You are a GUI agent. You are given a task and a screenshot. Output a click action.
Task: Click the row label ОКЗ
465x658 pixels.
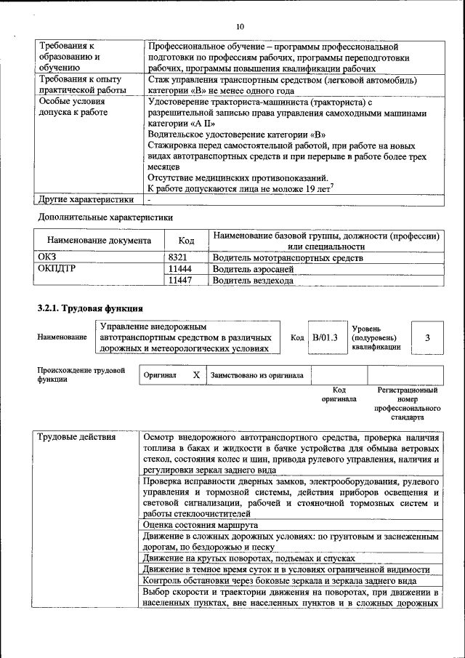click(46, 257)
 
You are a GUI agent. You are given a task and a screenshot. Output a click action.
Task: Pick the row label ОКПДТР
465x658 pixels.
click(57, 268)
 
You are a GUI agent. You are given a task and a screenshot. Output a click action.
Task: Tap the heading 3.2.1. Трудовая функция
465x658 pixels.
click(90, 308)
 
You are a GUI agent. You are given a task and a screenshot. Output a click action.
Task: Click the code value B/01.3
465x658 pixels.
click(325, 337)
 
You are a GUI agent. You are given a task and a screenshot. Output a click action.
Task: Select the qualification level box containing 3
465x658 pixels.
click(428, 337)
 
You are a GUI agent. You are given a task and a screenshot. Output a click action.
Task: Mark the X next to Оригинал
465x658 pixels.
click(196, 375)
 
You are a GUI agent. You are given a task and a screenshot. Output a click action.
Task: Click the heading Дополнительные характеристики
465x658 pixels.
click(105, 217)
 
